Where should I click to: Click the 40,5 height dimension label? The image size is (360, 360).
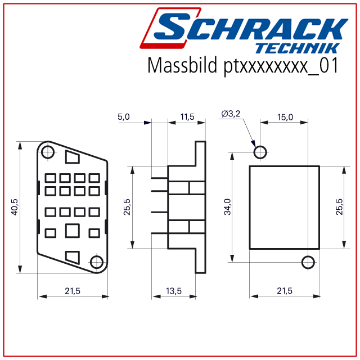pyautogui.click(x=15, y=207)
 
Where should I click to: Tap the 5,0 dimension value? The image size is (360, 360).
pyautogui.click(x=124, y=117)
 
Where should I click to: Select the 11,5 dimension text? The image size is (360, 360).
pyautogui.click(x=187, y=117)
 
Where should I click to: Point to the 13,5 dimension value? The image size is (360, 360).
pyautogui.click(x=174, y=291)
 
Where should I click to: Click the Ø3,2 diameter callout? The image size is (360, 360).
pyautogui.click(x=231, y=114)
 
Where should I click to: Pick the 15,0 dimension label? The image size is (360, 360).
pyautogui.click(x=285, y=117)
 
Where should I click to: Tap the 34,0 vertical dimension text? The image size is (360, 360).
pyautogui.click(x=227, y=207)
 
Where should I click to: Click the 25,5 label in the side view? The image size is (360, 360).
pyautogui.click(x=127, y=207)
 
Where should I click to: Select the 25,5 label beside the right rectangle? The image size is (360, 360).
pyautogui.click(x=339, y=207)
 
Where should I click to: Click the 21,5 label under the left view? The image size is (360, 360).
pyautogui.click(x=73, y=291)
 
